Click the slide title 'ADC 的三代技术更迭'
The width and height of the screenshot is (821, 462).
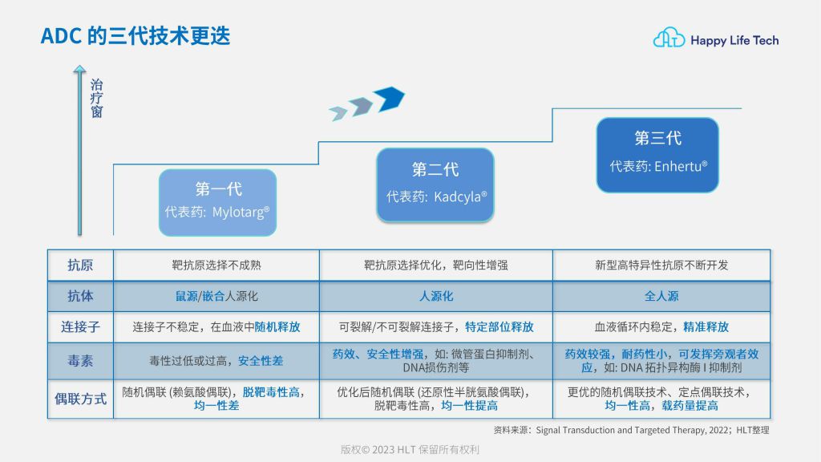click(x=135, y=35)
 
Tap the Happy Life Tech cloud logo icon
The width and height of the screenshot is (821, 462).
click(x=669, y=38)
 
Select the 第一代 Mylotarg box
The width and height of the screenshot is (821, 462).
click(x=217, y=202)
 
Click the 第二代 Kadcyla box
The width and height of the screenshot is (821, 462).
click(x=435, y=184)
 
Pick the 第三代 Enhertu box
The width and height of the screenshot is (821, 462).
click(x=657, y=155)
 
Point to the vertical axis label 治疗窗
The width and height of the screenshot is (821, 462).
click(x=96, y=98)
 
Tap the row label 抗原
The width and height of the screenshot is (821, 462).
click(x=80, y=265)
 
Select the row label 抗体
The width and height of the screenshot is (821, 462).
click(x=80, y=296)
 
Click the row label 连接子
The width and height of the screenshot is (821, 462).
click(x=80, y=327)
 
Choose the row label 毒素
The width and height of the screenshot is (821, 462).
click(x=80, y=361)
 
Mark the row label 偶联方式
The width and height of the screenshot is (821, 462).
click(x=80, y=399)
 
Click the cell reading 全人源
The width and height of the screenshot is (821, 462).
click(x=661, y=296)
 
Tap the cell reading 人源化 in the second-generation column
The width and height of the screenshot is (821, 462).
click(x=436, y=296)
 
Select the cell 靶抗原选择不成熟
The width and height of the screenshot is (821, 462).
click(x=216, y=265)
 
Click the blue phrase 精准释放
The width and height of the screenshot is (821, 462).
click(x=706, y=327)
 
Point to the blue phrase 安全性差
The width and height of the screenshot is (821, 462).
click(x=261, y=361)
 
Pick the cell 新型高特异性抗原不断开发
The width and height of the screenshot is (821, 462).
click(x=661, y=265)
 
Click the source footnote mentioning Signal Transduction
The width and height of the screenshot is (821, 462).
click(x=631, y=430)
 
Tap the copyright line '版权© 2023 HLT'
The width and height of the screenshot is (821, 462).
click(x=410, y=449)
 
